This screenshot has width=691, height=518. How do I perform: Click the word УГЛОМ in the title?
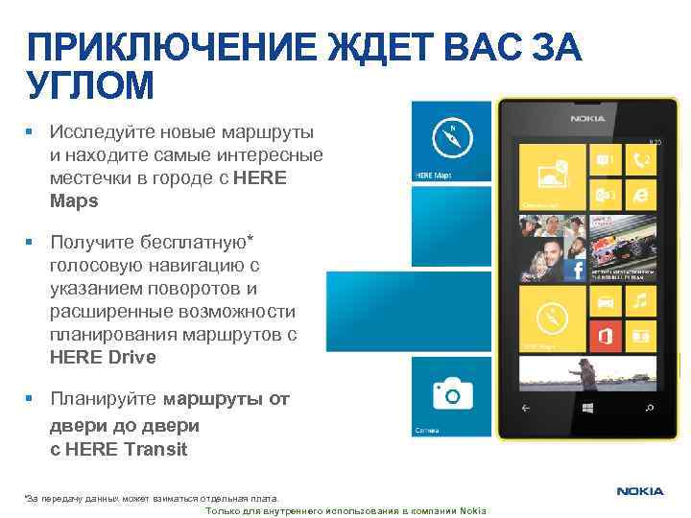pos(90,86)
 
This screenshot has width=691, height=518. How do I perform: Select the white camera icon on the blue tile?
pos(452,393)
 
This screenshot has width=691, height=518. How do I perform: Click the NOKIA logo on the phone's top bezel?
pos(586,118)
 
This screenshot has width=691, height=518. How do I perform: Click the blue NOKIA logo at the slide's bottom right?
pos(640,491)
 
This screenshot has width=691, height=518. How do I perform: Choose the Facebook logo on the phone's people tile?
pos(577,271)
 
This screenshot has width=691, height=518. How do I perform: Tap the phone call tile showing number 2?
pos(640,158)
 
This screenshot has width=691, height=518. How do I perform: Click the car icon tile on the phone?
pos(605,303)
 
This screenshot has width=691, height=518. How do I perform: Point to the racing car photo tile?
pos(624,249)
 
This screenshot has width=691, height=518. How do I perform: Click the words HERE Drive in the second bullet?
pos(103,357)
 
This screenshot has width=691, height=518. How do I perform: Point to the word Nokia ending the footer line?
pos(474,510)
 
